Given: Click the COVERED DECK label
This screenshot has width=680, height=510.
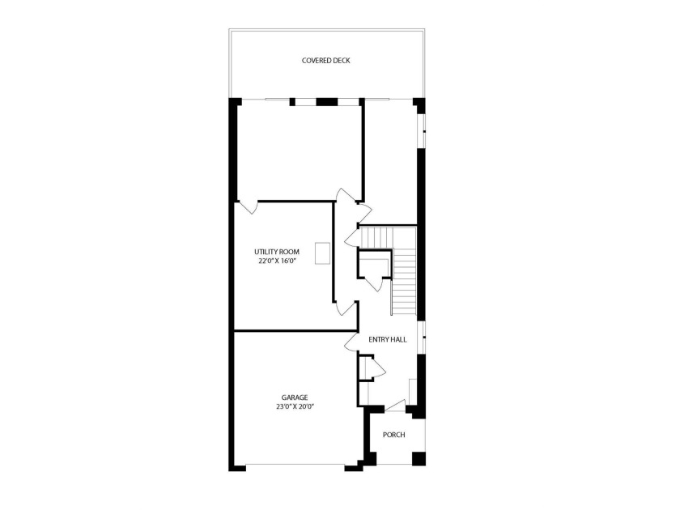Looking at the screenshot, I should [325, 61].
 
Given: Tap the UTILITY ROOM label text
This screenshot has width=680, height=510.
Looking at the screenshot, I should [278, 253].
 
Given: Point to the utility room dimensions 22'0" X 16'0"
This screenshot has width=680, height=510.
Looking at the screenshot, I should [278, 261].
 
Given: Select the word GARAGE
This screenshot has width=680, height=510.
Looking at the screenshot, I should [294, 397].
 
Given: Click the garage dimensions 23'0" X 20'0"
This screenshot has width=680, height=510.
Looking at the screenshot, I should [294, 406].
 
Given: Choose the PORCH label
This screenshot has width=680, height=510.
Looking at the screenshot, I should [393, 436].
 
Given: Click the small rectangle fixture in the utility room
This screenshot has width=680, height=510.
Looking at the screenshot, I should [323, 253].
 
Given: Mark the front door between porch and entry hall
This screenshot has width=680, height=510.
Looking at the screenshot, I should [396, 405].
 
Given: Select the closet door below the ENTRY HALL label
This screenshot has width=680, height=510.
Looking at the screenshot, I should [377, 369].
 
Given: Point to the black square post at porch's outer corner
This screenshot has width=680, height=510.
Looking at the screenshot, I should [419, 459].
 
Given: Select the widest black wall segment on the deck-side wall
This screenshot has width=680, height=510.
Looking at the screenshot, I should [325, 101].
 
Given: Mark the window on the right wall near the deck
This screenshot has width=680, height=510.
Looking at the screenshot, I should [422, 129].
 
